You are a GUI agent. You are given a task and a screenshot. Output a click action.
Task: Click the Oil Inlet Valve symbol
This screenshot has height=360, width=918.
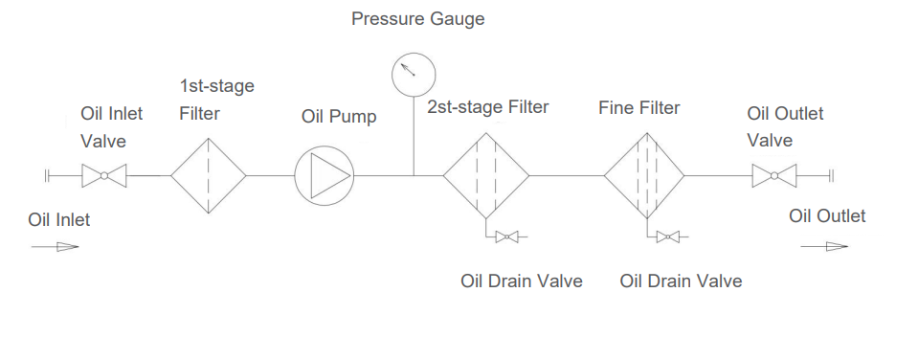(x=103, y=176)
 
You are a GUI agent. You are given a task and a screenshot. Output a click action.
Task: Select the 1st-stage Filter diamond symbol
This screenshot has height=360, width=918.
(x=209, y=176)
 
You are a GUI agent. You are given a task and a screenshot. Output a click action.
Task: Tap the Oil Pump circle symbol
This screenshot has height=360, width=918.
(x=324, y=176)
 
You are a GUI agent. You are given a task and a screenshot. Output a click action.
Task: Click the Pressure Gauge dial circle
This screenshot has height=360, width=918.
(x=414, y=72)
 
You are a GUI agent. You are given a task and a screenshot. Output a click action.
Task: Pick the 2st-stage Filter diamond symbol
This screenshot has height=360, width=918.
(x=485, y=176)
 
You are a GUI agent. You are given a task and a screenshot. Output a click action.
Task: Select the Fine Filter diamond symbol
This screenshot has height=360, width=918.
(x=644, y=176)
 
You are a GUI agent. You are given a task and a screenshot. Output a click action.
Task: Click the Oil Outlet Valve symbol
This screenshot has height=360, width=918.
(x=773, y=176)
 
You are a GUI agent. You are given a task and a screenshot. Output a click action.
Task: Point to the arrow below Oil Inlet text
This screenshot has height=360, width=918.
(x=55, y=247)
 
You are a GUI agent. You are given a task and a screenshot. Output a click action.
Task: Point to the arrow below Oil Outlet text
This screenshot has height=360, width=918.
(x=825, y=247)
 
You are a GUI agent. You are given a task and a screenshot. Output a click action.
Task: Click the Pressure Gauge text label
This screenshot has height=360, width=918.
(x=418, y=19)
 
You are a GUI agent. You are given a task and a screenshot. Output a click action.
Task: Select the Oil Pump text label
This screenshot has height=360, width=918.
(x=339, y=117)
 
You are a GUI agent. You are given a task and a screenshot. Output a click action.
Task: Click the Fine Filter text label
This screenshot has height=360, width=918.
(x=639, y=108)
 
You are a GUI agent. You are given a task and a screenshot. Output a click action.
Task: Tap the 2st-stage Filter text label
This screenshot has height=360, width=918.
(x=487, y=107)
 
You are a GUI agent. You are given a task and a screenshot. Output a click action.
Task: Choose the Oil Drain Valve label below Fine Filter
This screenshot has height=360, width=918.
(x=681, y=281)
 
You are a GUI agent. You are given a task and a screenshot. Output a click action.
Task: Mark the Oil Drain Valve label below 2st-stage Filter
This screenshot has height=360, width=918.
(x=522, y=281)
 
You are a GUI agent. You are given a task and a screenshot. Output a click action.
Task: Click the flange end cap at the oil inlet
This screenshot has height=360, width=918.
(x=47, y=176)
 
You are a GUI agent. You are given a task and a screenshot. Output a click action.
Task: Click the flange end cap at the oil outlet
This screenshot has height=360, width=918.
(x=831, y=176)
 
